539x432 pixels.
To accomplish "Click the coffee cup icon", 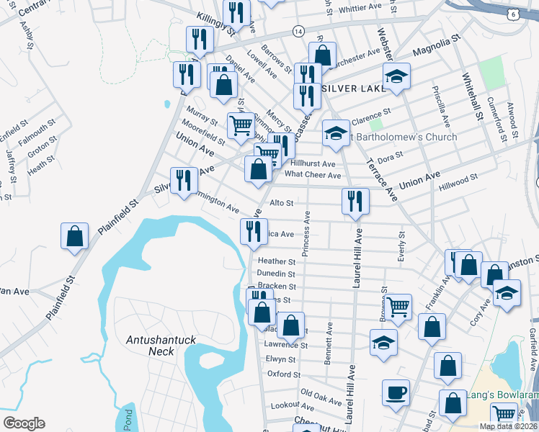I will click(x=396, y=393).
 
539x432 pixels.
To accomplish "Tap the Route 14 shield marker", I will click(x=298, y=31).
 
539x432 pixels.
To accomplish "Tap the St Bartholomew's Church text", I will click(x=404, y=137).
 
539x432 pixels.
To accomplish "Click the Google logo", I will click(x=24, y=423).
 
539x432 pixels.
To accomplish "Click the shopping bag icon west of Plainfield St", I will click(x=74, y=236).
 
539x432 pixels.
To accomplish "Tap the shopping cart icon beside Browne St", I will click(x=398, y=307).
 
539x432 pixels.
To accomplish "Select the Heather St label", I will click(x=277, y=261).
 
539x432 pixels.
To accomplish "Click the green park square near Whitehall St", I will click(x=492, y=71).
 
